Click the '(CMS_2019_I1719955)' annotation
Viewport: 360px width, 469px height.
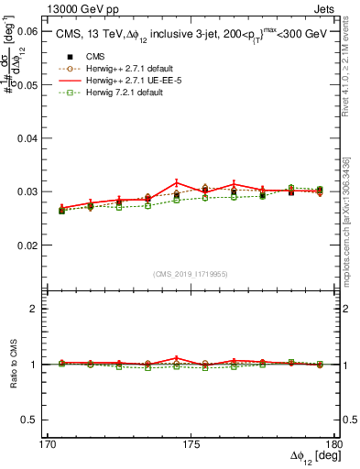191,272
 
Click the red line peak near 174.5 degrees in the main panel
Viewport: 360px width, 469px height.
177,181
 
